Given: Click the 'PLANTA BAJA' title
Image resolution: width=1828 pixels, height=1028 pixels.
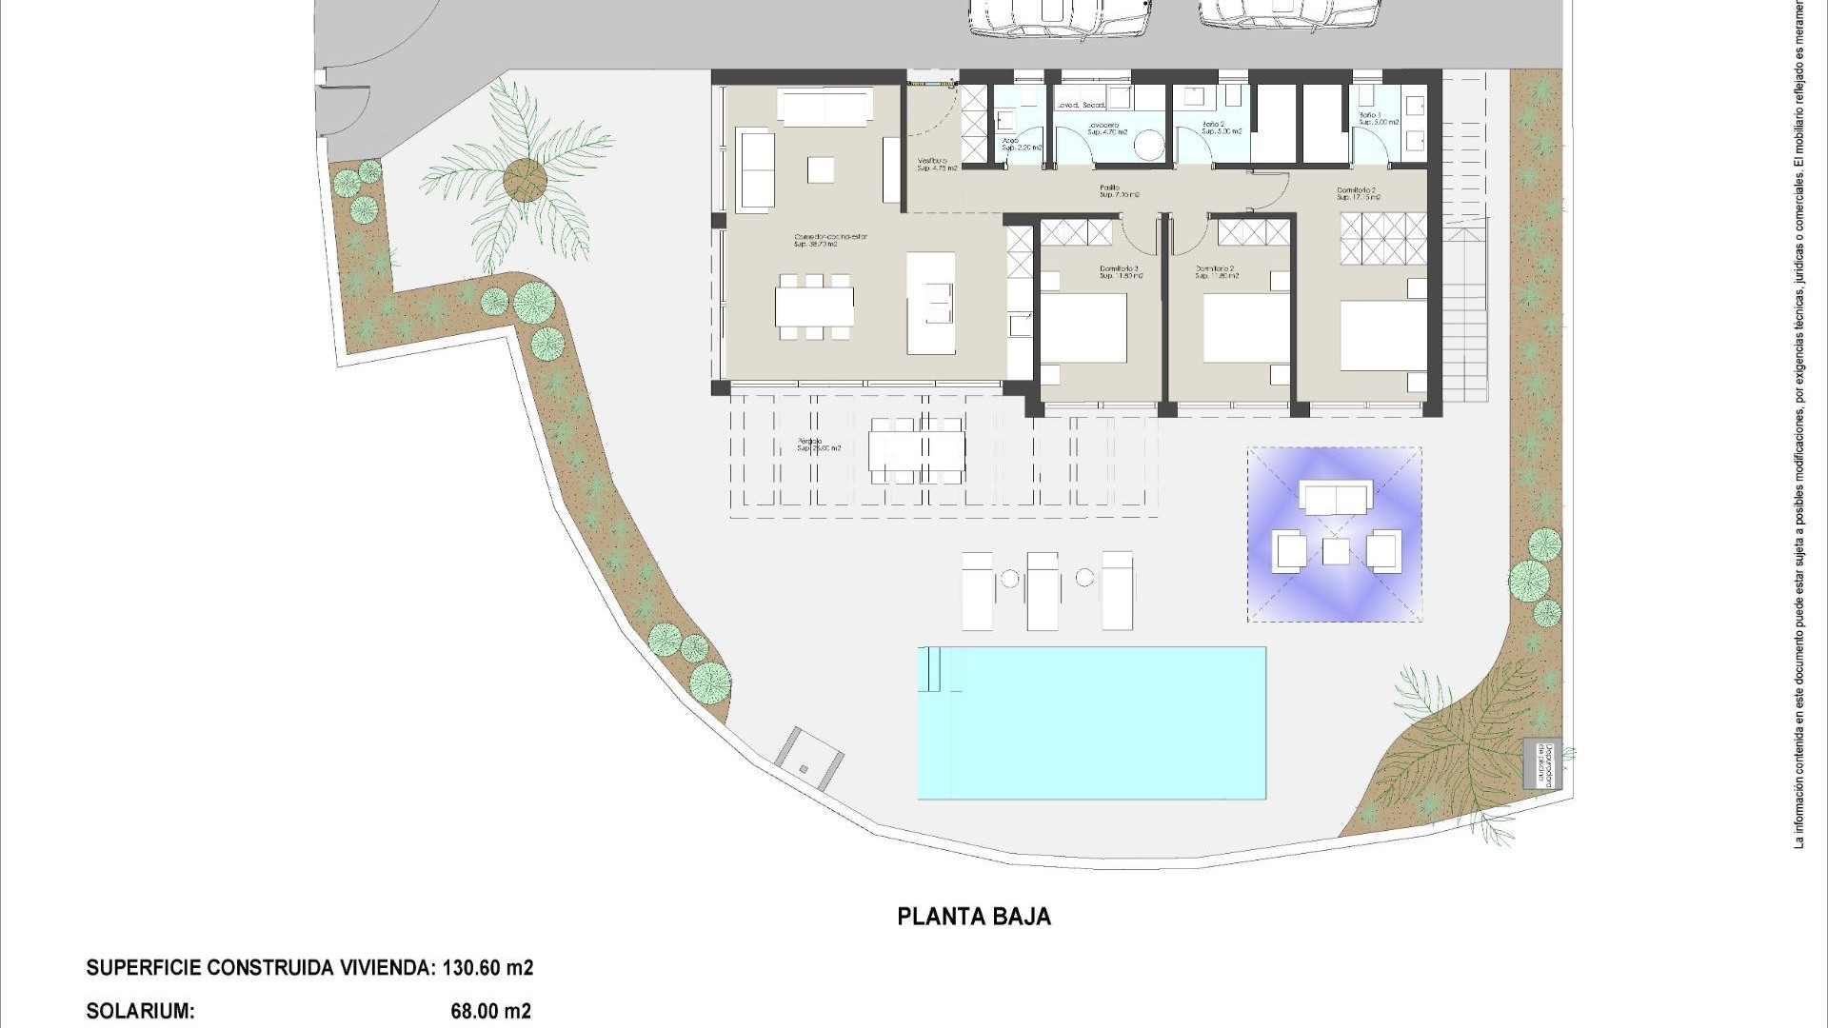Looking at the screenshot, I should tap(974, 916).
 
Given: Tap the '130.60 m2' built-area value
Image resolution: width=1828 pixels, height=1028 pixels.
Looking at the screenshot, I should tap(487, 968).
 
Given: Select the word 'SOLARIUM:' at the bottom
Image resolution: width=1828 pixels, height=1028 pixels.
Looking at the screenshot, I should tap(140, 1011).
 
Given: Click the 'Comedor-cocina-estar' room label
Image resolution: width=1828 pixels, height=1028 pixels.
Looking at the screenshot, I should tap(831, 237).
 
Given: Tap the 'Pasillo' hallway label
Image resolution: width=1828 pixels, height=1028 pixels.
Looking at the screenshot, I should tap(1109, 188).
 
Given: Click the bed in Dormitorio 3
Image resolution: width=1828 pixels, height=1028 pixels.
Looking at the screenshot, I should tap(1083, 328).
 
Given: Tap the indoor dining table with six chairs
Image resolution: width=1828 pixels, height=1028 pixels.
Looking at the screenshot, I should tap(814, 306).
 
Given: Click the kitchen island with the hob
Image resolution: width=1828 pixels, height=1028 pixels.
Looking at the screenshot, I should tap(930, 303).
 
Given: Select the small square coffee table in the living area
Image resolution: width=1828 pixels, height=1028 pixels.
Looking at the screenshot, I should tap(821, 170).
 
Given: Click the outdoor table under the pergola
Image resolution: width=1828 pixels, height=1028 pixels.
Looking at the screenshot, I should tap(917, 450).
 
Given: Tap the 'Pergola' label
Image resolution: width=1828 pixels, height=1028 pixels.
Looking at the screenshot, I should tap(812, 443).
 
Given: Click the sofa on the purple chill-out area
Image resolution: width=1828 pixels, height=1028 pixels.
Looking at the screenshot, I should tap(1336, 497).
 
